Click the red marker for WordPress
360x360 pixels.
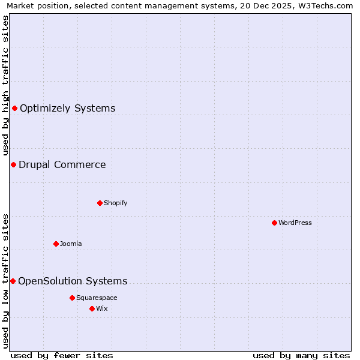[274, 223]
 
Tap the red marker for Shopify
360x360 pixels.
[100, 203]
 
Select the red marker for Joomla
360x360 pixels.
[56, 244]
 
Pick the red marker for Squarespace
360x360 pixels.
[72, 298]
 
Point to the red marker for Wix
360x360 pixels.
[92, 308]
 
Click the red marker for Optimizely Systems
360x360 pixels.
[14, 108]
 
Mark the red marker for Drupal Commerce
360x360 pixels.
[13, 164]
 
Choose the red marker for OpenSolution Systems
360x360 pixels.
[13, 281]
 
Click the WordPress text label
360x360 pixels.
[295, 223]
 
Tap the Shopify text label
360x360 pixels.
[115, 203]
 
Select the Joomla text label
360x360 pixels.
[71, 244]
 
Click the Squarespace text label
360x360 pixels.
[97, 298]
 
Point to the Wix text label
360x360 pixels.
[101, 308]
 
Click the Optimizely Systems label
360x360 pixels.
[67, 108]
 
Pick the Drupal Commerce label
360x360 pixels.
[62, 164]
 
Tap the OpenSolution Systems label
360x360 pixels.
[73, 281]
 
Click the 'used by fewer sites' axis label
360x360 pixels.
[62, 355]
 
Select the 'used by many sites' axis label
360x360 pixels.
[301, 355]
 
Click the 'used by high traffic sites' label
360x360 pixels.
[5, 85]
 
